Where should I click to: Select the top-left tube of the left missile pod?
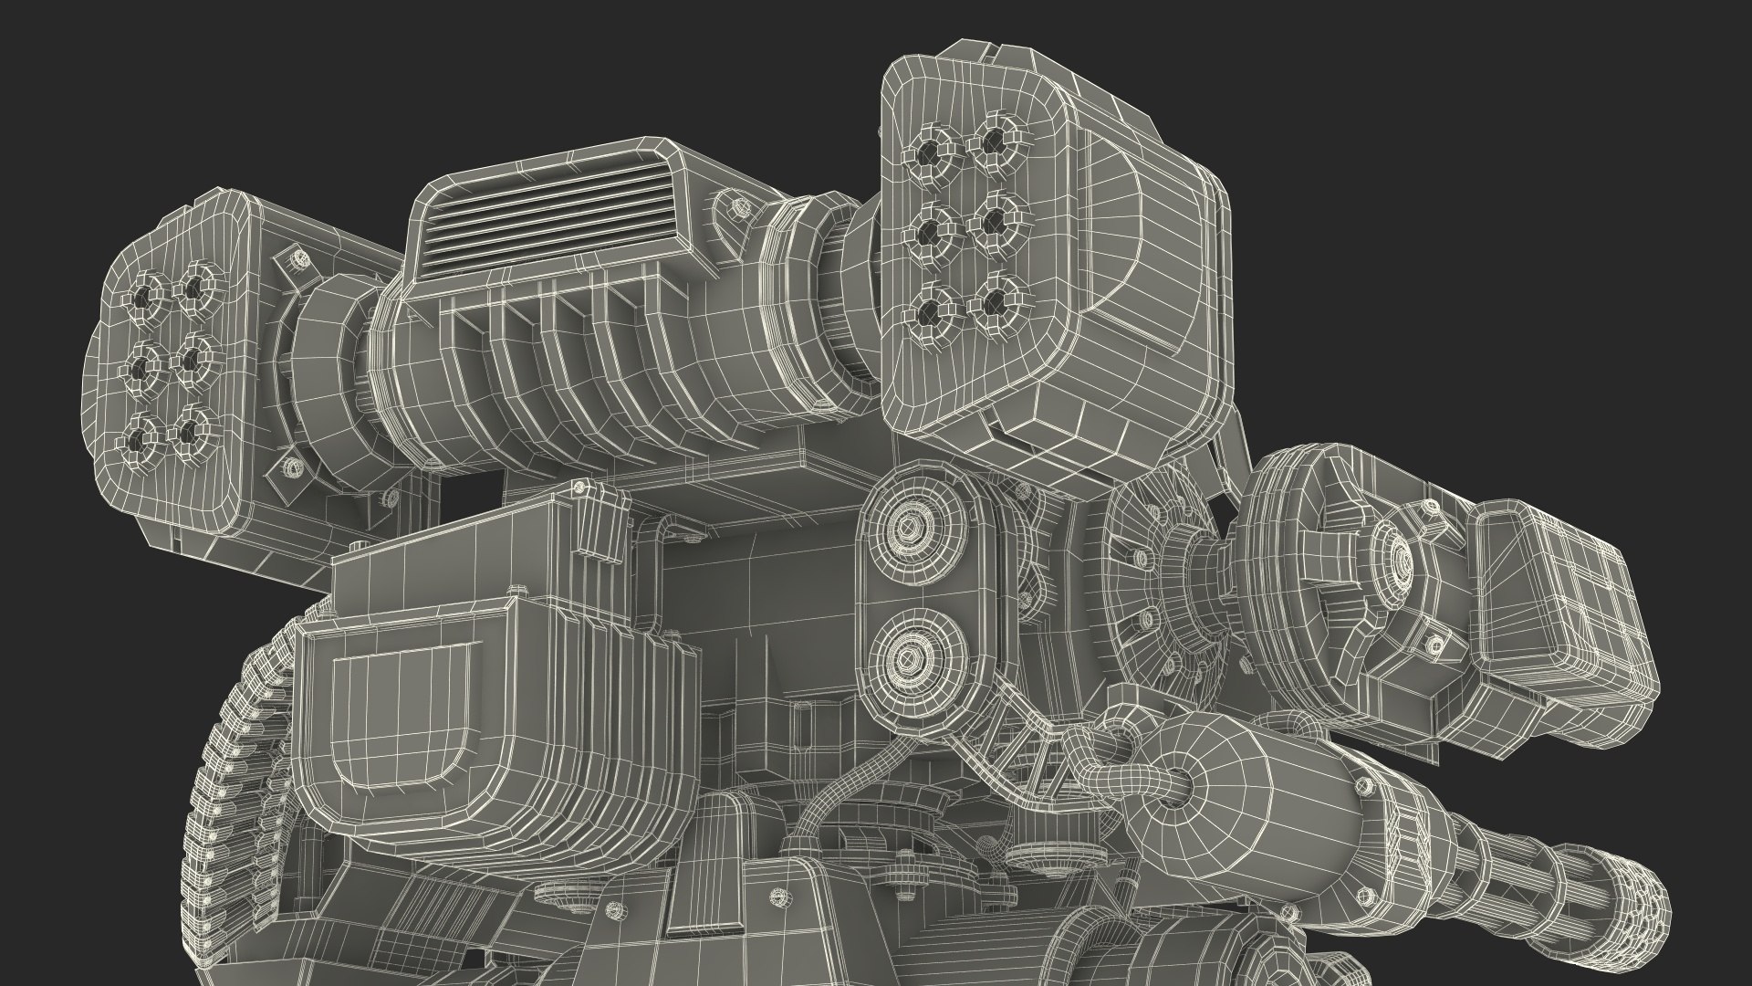click(144, 296)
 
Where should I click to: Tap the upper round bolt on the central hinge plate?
click(909, 528)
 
